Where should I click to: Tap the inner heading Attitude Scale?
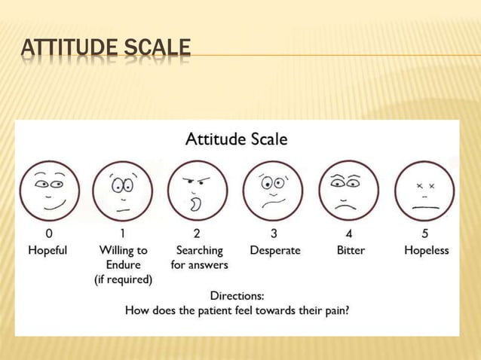(236, 139)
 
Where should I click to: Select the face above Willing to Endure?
(123, 191)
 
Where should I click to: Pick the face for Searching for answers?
(198, 191)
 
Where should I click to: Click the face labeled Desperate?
(273, 191)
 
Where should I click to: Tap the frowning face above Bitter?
(349, 191)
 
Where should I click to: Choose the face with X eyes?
(425, 191)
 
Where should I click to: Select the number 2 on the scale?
(198, 233)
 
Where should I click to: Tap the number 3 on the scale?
(274, 233)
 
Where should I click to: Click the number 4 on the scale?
(350, 233)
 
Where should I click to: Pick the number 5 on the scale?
(426, 233)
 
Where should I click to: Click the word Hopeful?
(47, 250)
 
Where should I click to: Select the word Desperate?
(274, 250)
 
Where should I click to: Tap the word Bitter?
(350, 250)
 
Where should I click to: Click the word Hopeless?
(426, 250)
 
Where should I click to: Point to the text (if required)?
(123, 280)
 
